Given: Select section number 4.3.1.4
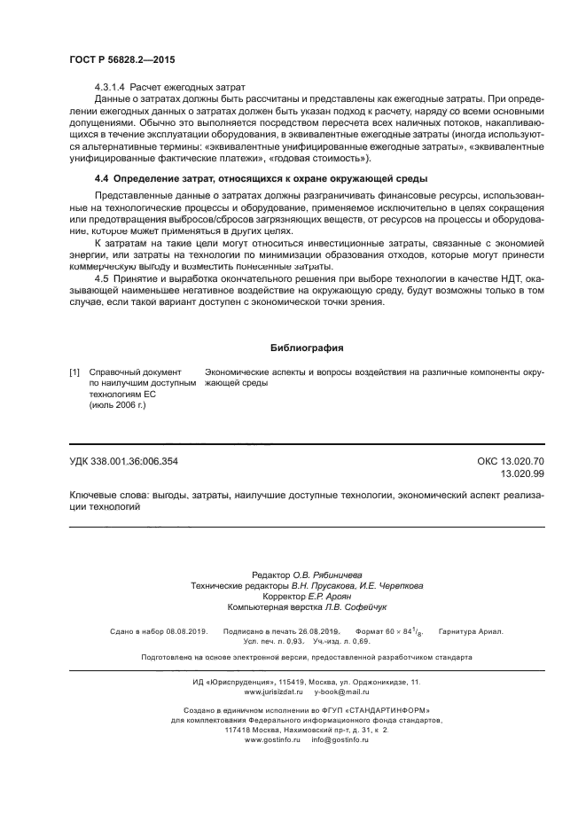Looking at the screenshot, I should [x=110, y=88].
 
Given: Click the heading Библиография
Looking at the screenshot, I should [x=307, y=348].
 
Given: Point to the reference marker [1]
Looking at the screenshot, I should [x=74, y=371].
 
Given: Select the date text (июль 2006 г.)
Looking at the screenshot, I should [x=116, y=406].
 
